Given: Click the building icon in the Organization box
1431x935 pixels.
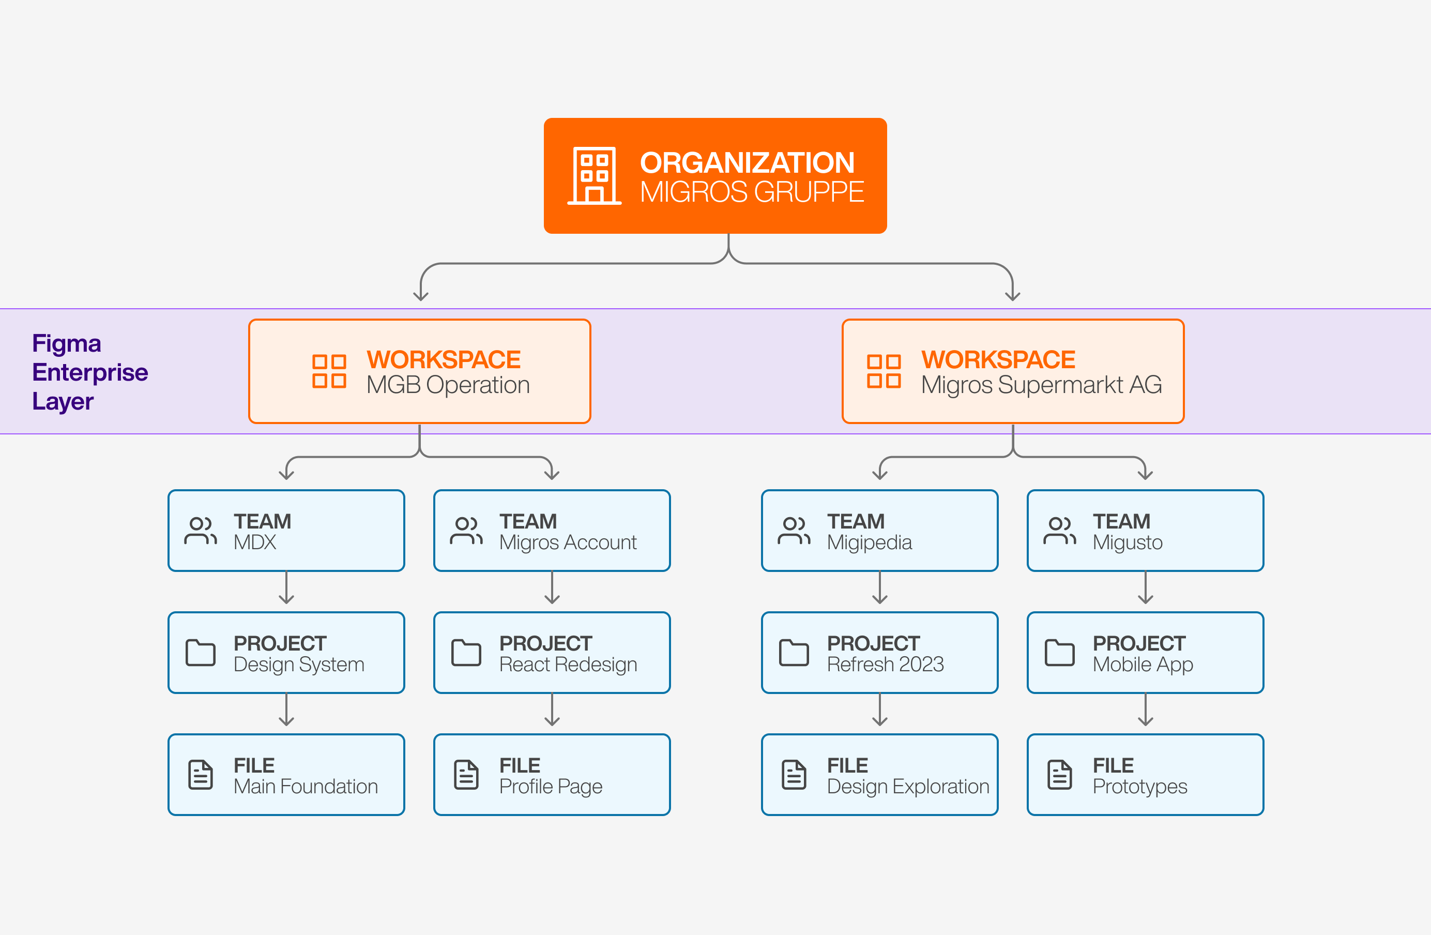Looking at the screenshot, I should coord(594,176).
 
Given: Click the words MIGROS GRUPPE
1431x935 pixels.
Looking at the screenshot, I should coord(752,192).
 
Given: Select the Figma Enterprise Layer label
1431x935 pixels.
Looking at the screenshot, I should coord(89,372).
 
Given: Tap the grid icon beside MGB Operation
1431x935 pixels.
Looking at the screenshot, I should coord(329,371).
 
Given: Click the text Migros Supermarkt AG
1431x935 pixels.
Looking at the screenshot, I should coord(1041,385).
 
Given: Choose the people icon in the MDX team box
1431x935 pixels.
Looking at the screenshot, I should coord(200,531).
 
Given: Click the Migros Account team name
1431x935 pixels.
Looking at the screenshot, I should coord(568,543).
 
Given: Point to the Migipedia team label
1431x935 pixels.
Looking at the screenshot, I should coord(869,543).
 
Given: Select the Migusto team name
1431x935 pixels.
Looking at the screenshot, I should coord(1128,543).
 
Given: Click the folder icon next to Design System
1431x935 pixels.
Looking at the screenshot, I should coord(200,653).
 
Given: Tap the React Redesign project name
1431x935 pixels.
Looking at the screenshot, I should coord(568,665).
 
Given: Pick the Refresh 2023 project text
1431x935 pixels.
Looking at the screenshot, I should coord(885,665).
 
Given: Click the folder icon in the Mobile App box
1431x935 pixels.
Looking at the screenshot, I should coord(1059,653).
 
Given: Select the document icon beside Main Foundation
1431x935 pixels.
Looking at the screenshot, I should coord(200,775).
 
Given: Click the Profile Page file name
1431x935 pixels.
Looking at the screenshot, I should coord(550,787).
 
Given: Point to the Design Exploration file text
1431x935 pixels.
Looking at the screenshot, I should coord(908,787).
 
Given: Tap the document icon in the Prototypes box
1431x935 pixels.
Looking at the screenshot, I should coord(1059,775).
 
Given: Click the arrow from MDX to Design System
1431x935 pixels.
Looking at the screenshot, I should coord(286,588).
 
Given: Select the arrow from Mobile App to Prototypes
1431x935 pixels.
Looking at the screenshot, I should coord(1146,710).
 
